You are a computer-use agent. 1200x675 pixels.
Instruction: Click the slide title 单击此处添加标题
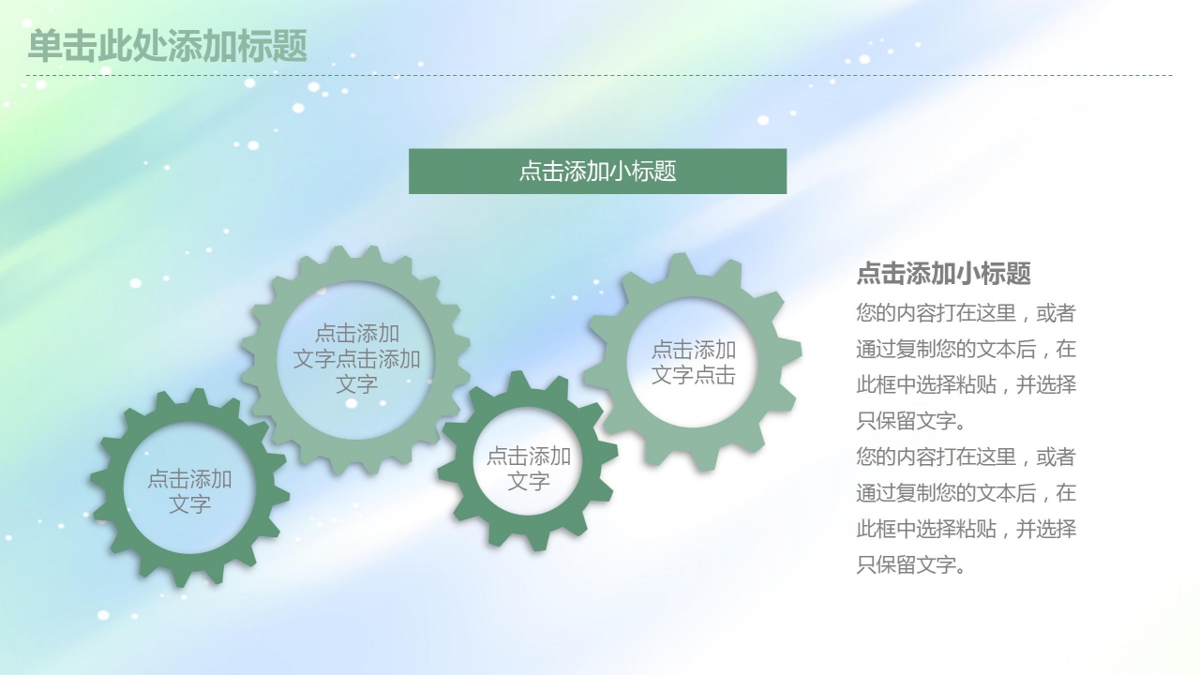(x=168, y=46)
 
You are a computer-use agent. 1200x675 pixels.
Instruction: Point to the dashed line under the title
(x=600, y=75)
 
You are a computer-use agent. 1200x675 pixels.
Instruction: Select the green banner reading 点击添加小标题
(x=597, y=172)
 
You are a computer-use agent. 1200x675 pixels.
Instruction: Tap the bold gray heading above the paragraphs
(x=943, y=274)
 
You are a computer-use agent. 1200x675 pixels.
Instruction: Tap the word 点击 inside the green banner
(x=542, y=172)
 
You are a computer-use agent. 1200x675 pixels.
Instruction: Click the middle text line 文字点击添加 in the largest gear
(x=356, y=359)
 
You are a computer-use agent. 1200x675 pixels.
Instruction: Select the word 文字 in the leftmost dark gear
(x=189, y=504)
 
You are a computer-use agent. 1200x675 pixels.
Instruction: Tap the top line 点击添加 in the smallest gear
(x=528, y=457)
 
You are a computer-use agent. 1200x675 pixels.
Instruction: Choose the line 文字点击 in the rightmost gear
(x=694, y=375)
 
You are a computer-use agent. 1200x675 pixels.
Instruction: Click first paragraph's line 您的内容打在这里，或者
(x=966, y=313)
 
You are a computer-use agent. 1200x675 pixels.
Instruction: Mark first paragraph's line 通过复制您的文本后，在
(x=966, y=350)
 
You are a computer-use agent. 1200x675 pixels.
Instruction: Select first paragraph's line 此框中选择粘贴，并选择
(x=966, y=385)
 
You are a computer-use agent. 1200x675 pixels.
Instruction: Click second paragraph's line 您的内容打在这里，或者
(x=966, y=457)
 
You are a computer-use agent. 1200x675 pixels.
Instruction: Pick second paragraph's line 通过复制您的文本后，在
(x=966, y=493)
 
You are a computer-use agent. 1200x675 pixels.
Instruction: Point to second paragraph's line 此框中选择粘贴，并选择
(x=966, y=529)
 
